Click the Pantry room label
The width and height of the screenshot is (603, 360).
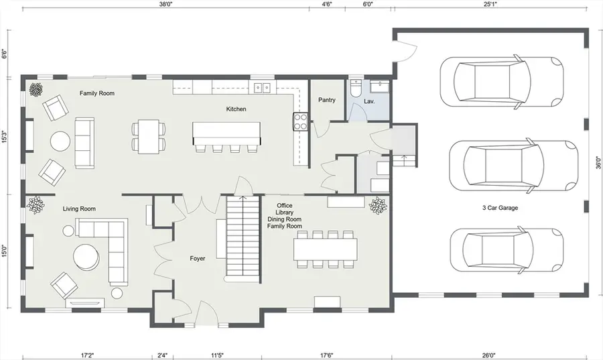[327, 101]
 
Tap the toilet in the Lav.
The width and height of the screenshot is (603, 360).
[356, 87]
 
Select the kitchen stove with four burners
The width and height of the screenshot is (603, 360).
[299, 121]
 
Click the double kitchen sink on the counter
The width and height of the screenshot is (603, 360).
[262, 87]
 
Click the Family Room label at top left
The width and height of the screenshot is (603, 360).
[97, 93]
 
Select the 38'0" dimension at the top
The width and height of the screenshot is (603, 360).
[166, 4]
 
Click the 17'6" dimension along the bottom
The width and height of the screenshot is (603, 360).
[328, 355]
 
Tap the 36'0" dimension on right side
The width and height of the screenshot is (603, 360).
[598, 163]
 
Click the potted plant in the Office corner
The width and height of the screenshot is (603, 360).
[378, 205]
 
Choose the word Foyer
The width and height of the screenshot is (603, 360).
[197, 258]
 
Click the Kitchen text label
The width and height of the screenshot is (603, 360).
[237, 109]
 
